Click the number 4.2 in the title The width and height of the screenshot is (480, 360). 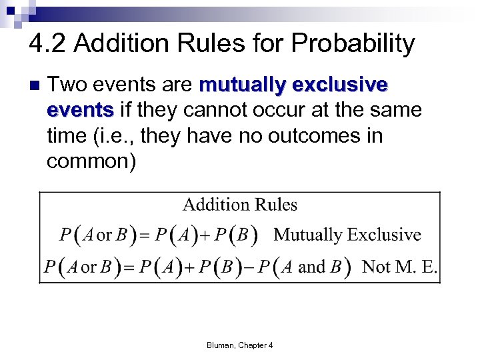pos(48,44)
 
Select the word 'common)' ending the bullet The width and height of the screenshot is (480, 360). pos(91,161)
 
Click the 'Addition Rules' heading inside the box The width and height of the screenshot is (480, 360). pos(240,205)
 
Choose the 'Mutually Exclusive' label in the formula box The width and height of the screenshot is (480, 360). pos(347,235)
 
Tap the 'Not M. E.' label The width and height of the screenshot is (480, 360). pos(399,267)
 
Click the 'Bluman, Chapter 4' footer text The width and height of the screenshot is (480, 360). pos(240,345)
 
